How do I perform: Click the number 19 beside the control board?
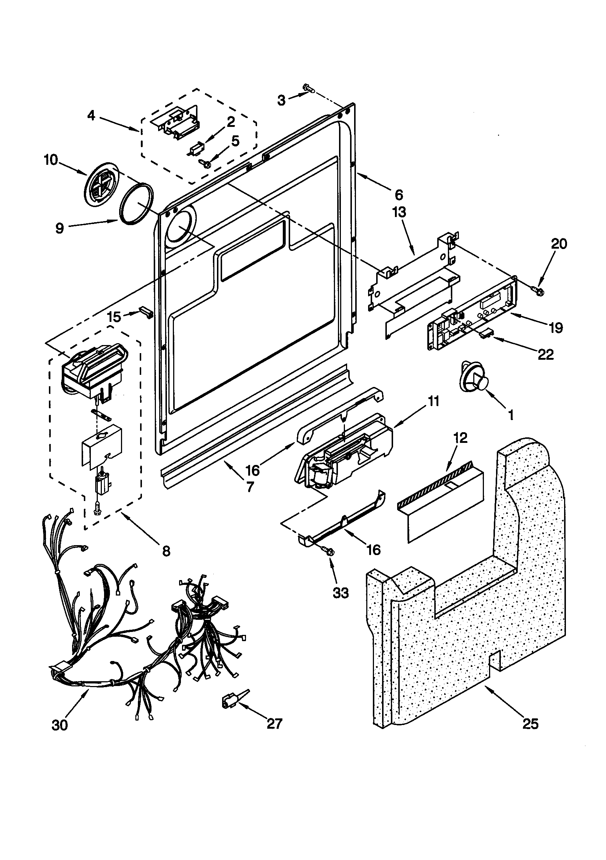pyautogui.click(x=556, y=328)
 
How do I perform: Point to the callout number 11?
pyautogui.click(x=433, y=402)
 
